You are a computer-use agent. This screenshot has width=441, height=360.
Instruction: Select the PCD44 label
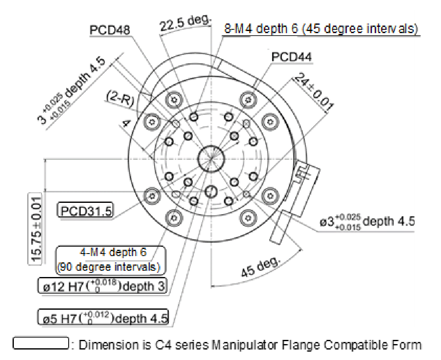[x=291, y=57]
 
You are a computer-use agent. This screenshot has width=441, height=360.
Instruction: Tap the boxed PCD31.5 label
[x=86, y=210]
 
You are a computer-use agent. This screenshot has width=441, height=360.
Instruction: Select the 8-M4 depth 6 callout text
[x=320, y=30]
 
